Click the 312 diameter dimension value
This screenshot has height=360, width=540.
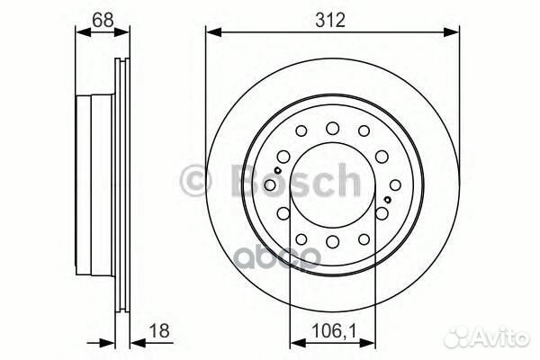tap(331, 19)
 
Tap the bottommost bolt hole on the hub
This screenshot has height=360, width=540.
tap(332, 241)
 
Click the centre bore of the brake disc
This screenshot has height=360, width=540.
tap(332, 184)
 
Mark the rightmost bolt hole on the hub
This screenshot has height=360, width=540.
tap(389, 184)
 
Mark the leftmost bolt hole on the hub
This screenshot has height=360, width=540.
tap(275, 184)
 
